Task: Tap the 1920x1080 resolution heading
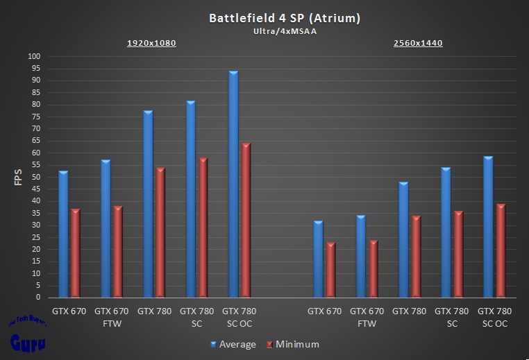151,43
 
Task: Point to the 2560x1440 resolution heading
418,43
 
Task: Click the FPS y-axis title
19,177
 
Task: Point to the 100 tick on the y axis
34,56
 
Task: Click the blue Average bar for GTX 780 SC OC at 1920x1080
233,185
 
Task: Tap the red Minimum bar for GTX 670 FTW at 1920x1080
118,252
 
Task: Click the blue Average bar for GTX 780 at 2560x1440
403,240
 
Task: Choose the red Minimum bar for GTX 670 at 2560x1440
330,270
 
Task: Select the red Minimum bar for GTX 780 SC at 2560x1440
458,255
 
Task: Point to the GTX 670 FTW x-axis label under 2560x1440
367,317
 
